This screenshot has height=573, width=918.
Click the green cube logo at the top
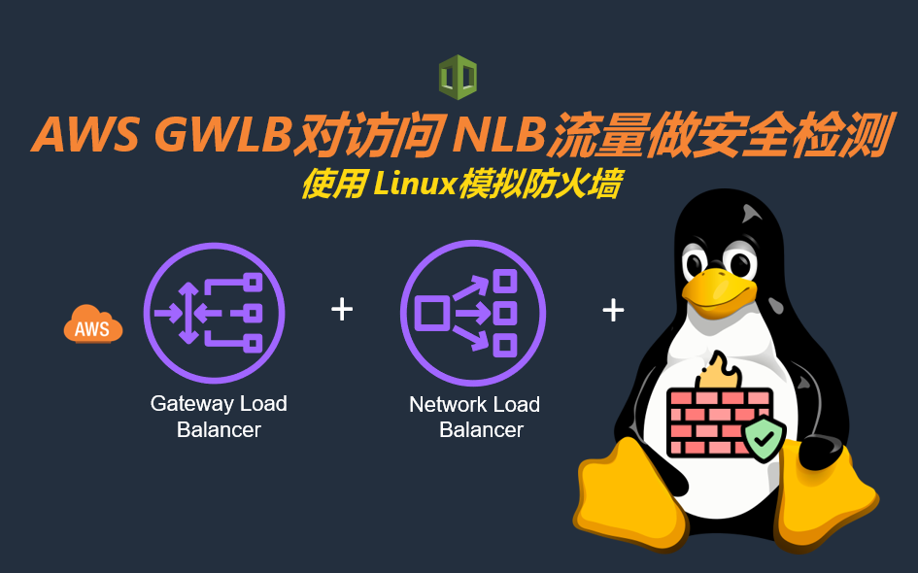point(458,78)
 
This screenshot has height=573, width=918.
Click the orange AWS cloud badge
point(93,325)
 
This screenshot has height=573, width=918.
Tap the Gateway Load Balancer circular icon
point(215,312)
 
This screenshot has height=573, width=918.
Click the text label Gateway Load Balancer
point(219,417)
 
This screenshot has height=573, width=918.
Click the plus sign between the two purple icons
point(342,310)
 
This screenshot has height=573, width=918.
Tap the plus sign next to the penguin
point(613,310)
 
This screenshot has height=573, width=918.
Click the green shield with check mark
point(765,440)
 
